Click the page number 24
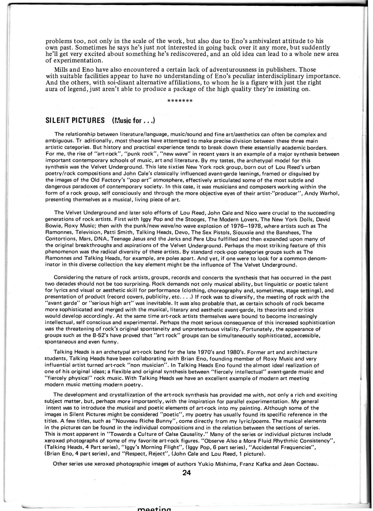coord(186,473)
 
